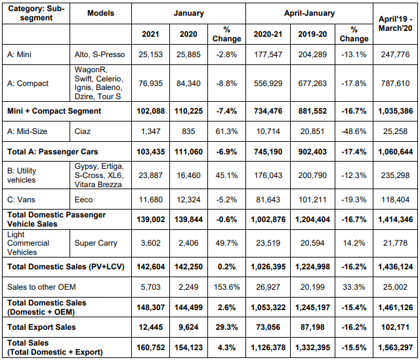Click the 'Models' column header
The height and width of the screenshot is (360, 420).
[x=100, y=12]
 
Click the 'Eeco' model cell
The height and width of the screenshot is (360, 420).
[x=84, y=199]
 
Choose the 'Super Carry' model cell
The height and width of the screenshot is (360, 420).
[x=95, y=243]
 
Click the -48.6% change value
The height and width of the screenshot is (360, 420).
[x=354, y=131]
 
